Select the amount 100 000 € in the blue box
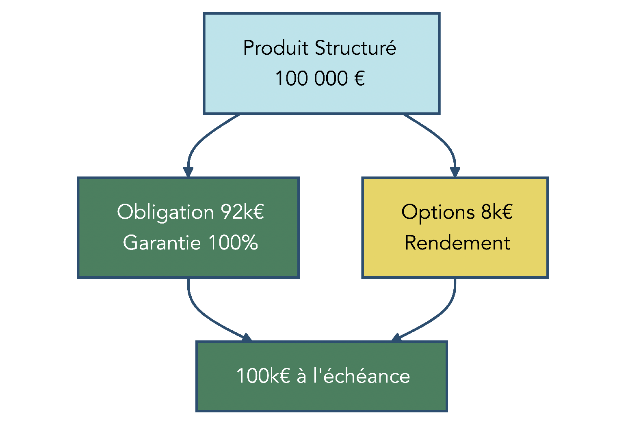pyautogui.click(x=320, y=78)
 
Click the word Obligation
pyautogui.click(x=165, y=212)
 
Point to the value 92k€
pyautogui.click(x=243, y=212)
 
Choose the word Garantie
pyautogui.click(x=162, y=243)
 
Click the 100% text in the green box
pyautogui.click(x=233, y=243)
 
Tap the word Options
pyautogui.click(x=437, y=213)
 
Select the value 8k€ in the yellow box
pyautogui.click(x=497, y=212)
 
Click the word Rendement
pyautogui.click(x=457, y=243)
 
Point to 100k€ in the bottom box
pyautogui.click(x=263, y=376)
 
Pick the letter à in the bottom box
pyautogui.click(x=301, y=376)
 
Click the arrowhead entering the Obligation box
pyautogui.click(x=188, y=172)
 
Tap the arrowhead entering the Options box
pyautogui.click(x=455, y=172)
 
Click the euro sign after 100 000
pyautogui.click(x=359, y=78)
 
